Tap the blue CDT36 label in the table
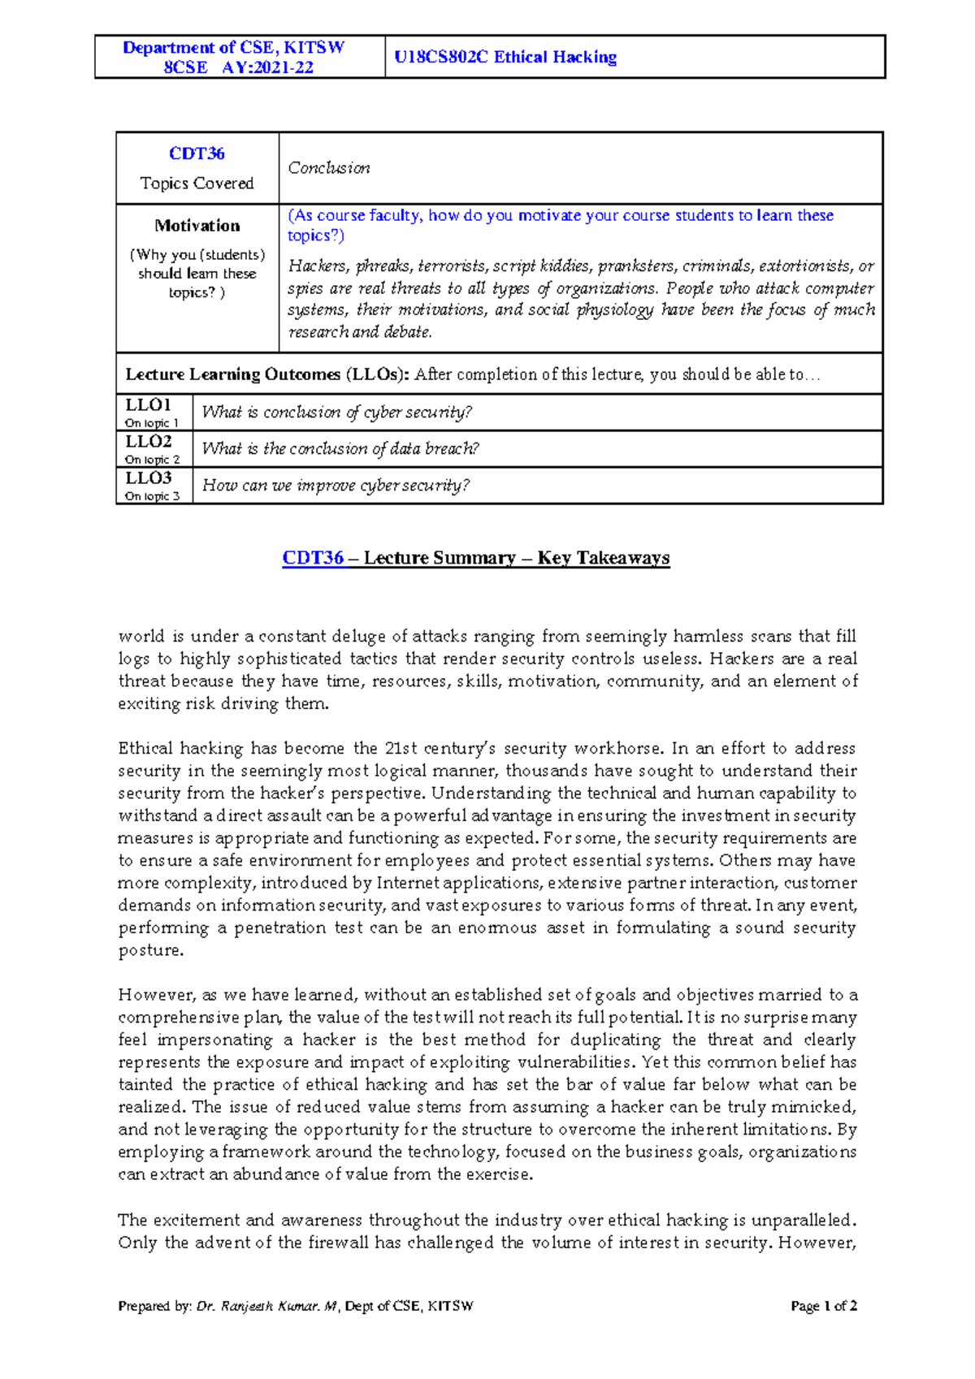tap(197, 153)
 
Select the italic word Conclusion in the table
tap(329, 168)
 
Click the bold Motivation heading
tap(197, 226)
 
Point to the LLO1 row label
tap(148, 405)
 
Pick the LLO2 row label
tap(148, 442)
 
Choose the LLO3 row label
tap(148, 478)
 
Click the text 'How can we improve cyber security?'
tap(336, 486)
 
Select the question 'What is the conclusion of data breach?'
tap(340, 449)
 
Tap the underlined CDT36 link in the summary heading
tap(313, 558)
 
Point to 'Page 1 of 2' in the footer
tap(824, 1306)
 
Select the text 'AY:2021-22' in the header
tap(267, 67)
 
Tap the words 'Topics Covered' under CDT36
tap(197, 184)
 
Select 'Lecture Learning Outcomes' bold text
tap(232, 374)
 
